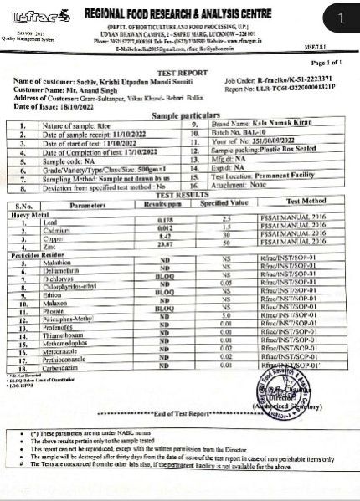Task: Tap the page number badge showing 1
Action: (338, 17)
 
